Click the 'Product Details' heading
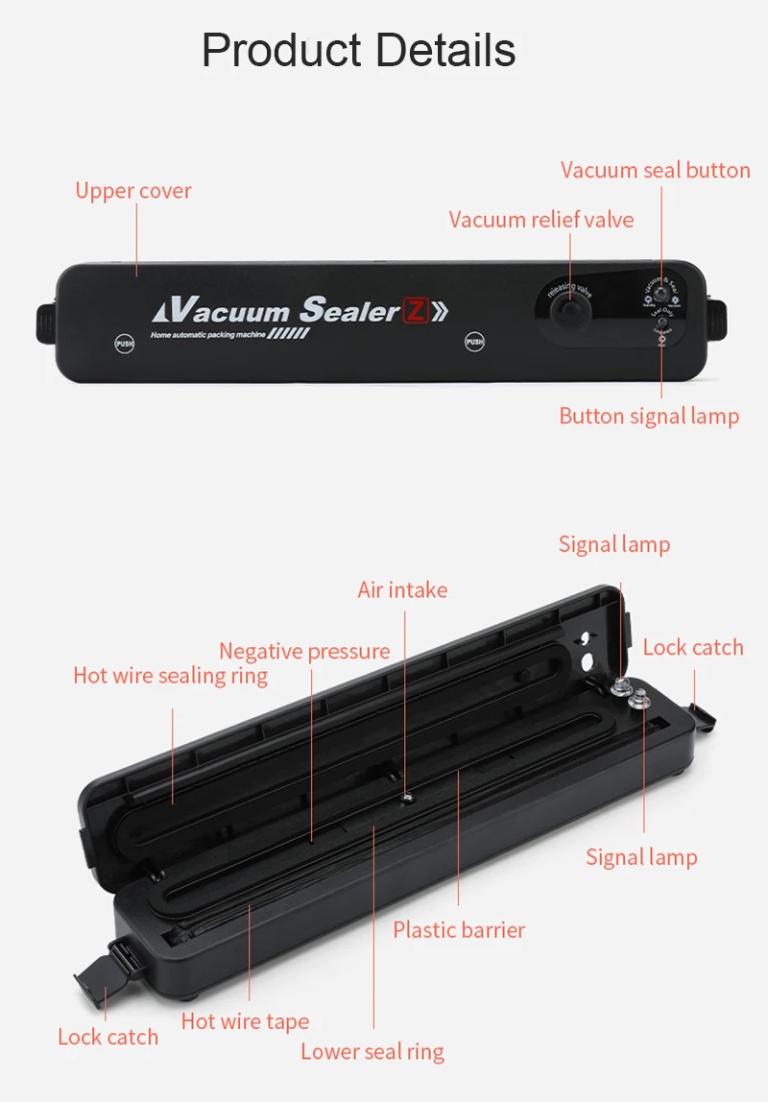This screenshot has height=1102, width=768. (x=358, y=50)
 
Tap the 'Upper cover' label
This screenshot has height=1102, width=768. (x=133, y=191)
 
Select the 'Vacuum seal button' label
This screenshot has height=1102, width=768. (x=655, y=171)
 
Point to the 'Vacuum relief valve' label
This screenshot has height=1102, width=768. (x=541, y=220)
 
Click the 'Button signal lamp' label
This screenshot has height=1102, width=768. (x=649, y=417)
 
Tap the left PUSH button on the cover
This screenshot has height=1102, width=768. (x=125, y=343)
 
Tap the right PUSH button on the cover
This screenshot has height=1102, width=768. (x=474, y=342)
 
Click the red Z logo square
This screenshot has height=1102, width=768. (x=415, y=311)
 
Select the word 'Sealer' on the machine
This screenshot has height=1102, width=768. (x=349, y=310)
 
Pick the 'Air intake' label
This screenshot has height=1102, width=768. (x=402, y=589)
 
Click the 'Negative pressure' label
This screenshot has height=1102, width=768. (x=304, y=652)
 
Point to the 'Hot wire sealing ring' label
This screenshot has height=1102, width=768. (x=170, y=676)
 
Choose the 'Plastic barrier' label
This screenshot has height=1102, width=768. (x=459, y=930)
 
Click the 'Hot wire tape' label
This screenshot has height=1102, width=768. (x=245, y=1021)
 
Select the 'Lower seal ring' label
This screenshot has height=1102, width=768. (x=372, y=1051)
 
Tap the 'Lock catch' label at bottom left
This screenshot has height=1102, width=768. (x=108, y=1037)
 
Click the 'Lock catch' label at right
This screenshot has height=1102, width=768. (x=693, y=648)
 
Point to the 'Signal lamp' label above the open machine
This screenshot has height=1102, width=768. (x=614, y=545)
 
